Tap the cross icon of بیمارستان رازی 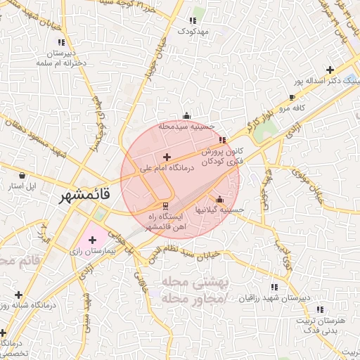tap(92, 240)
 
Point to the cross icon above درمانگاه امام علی tap(167, 157)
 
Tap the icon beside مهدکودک tap(193, 22)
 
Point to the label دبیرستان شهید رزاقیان tap(274, 297)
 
